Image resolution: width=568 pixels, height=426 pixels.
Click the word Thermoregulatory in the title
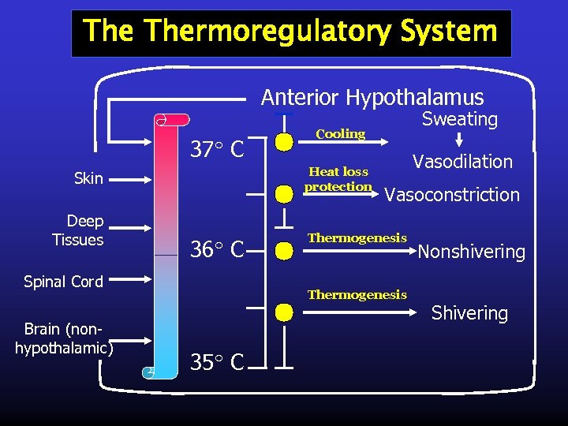pos(268,32)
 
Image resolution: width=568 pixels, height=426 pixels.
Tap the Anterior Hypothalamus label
pos(372,97)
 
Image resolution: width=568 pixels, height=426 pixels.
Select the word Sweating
pos(459,119)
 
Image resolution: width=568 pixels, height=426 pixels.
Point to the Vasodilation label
pos(462,162)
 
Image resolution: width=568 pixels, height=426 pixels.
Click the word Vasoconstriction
pos(451,195)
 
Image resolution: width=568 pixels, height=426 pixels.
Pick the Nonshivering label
pos(471,252)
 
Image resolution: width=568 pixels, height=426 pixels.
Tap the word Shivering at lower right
pos(469,313)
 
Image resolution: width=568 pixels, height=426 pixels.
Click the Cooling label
pos(340,134)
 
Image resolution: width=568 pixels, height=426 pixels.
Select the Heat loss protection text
pos(338,179)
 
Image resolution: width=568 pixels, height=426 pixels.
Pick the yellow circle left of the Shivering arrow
pos(285,313)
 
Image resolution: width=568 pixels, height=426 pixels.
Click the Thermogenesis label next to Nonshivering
pos(357,238)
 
